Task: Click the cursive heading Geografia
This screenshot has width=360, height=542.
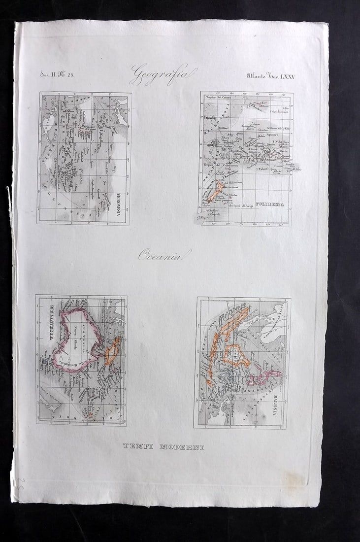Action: point(163,74)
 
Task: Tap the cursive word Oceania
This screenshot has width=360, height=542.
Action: point(164,255)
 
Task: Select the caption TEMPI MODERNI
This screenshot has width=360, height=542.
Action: point(163,446)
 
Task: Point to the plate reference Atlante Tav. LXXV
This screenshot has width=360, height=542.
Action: point(270,75)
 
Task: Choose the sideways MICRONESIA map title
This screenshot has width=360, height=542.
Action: point(123,203)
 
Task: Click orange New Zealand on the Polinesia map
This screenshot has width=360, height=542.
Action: point(216,192)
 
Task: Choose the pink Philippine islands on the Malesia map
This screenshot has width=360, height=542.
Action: point(266,377)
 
